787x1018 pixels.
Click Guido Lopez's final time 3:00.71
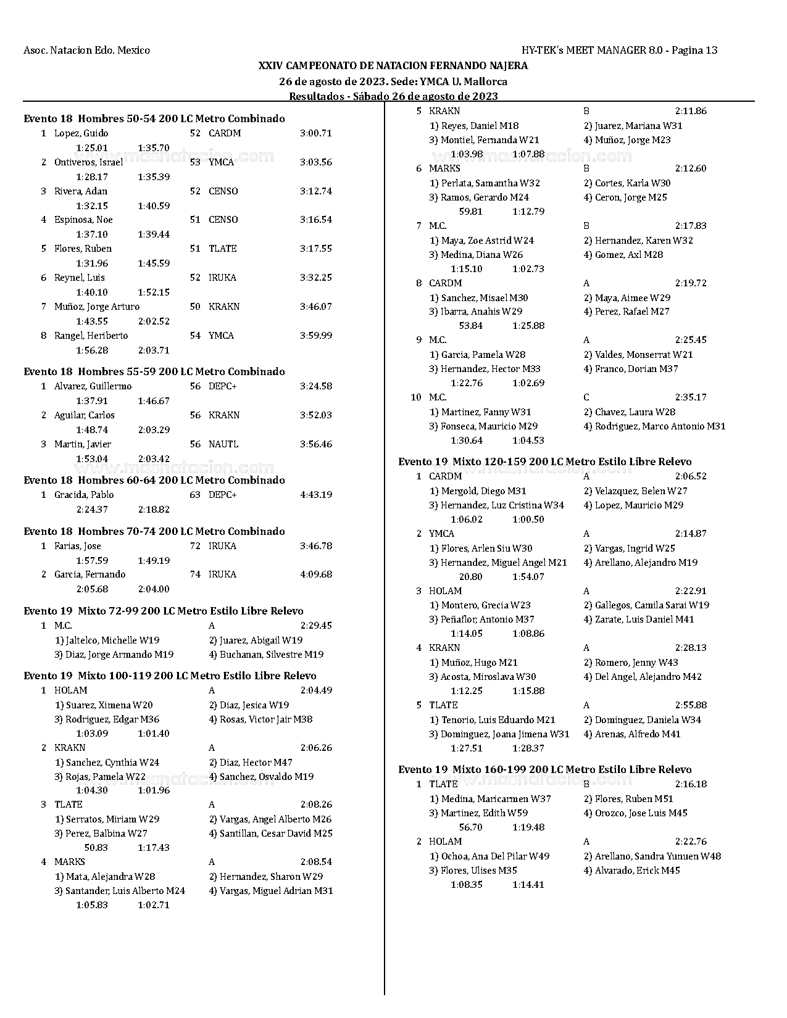coord(316,133)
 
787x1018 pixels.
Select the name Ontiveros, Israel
coord(88,162)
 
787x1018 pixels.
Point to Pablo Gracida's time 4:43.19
coord(316,495)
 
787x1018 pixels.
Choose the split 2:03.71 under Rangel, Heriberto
coord(154,350)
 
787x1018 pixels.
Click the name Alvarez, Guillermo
coord(93,386)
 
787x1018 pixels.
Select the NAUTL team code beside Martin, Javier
coord(223,444)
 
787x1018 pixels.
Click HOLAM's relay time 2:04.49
coord(316,690)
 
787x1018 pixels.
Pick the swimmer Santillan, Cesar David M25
coord(271,834)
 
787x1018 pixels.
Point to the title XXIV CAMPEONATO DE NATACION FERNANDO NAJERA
coord(393,66)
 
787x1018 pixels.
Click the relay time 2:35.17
coord(691,397)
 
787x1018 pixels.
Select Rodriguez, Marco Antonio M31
coord(654,426)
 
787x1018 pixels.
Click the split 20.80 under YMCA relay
coord(471,577)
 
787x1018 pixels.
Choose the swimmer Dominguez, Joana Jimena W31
coord(499,734)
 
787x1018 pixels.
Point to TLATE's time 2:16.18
coord(691,784)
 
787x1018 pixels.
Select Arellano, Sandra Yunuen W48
coord(652,856)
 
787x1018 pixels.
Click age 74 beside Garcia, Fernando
coord(196,574)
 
